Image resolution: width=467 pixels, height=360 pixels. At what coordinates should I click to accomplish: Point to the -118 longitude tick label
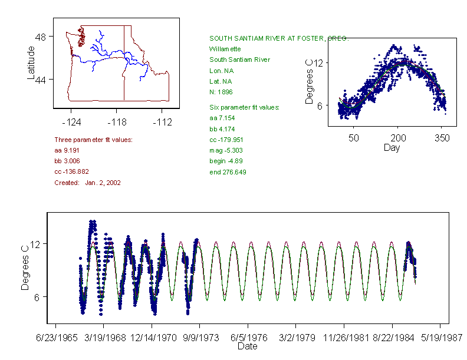(117, 122)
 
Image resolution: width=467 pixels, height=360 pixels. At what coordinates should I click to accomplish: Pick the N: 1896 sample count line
(221, 92)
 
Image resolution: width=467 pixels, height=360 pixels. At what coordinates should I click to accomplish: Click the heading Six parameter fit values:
(244, 107)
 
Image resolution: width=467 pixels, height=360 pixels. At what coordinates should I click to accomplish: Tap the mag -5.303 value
(226, 150)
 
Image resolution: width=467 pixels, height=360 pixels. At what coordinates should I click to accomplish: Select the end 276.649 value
(228, 172)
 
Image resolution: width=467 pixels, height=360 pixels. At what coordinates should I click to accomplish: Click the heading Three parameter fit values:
(93, 140)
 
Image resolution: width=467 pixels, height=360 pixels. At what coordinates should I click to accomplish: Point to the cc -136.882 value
(71, 171)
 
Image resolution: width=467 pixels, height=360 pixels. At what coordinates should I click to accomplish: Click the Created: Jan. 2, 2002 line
(87, 183)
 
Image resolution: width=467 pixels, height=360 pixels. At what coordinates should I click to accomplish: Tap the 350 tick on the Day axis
(442, 138)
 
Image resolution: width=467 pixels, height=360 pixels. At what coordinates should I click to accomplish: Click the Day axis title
(392, 147)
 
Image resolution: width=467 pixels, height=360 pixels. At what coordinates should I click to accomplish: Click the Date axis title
(247, 346)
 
